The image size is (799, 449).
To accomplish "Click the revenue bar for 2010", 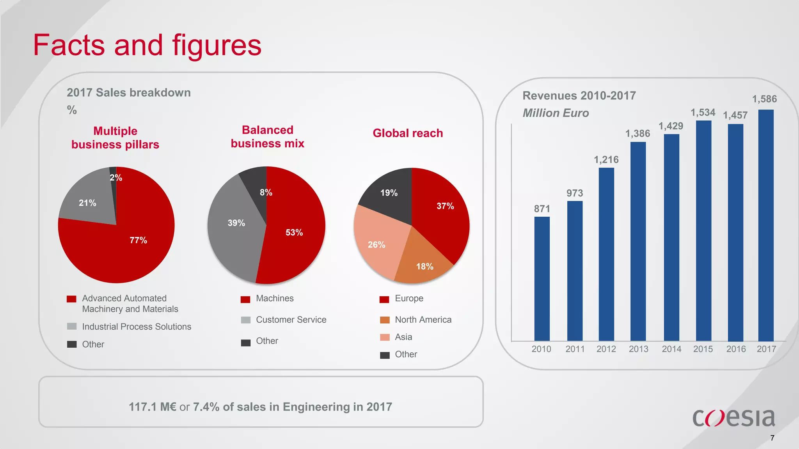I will coord(542,279).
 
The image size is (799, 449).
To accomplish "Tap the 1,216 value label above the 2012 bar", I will coord(606,160).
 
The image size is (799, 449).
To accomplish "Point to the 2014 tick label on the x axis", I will coord(671,349).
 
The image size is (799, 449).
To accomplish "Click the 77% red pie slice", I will coord(129,249).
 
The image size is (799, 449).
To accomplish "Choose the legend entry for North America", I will coord(423,320).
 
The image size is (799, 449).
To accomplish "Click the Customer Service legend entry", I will coord(291,320).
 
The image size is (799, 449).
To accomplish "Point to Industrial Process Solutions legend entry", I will coord(137,327).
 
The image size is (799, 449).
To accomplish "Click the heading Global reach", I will coord(408,133).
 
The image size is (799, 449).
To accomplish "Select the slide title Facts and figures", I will coord(147,45).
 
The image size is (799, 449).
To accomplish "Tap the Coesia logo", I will coord(733,417).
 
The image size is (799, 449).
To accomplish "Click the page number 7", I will coord(772,438).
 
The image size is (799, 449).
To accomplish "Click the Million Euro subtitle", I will coord(556,113).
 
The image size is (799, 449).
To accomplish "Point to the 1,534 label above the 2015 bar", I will coord(703,113).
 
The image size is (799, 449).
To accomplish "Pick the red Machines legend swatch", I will coord(245,299).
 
